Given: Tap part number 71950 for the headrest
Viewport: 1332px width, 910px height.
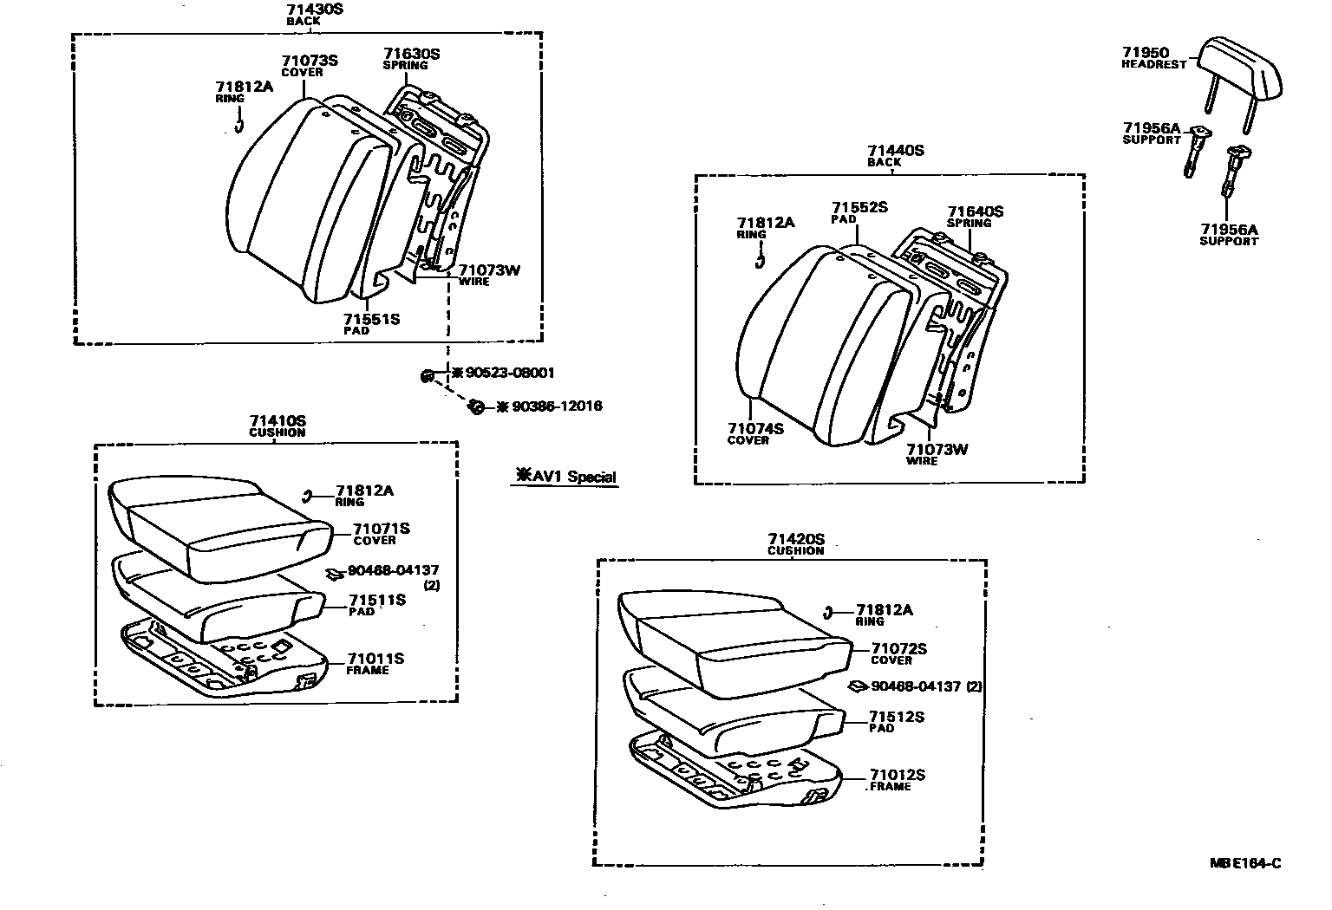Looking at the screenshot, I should (x=1146, y=53).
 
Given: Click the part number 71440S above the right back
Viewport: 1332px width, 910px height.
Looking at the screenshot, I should (x=896, y=151).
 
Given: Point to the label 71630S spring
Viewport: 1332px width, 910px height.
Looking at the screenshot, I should (x=412, y=54).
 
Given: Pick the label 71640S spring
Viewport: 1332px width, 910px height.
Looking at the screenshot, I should (x=975, y=211).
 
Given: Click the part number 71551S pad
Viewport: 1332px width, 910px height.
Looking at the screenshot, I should (x=371, y=319).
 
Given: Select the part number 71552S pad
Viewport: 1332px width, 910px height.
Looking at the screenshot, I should (x=859, y=207).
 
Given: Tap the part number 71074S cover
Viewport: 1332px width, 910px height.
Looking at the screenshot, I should (x=755, y=428).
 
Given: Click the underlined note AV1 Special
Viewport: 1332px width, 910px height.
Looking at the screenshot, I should (x=565, y=476).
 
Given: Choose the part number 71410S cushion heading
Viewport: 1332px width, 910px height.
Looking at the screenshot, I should (x=277, y=421).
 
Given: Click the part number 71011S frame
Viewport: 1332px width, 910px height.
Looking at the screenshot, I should (x=376, y=659).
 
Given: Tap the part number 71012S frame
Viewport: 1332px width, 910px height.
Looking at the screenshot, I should (x=898, y=775).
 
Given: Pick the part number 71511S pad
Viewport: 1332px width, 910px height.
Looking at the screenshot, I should (x=377, y=600).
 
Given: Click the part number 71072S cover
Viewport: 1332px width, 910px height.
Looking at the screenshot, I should (x=899, y=648).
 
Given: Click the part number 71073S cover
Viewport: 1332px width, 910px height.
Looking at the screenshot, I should (x=309, y=61).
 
